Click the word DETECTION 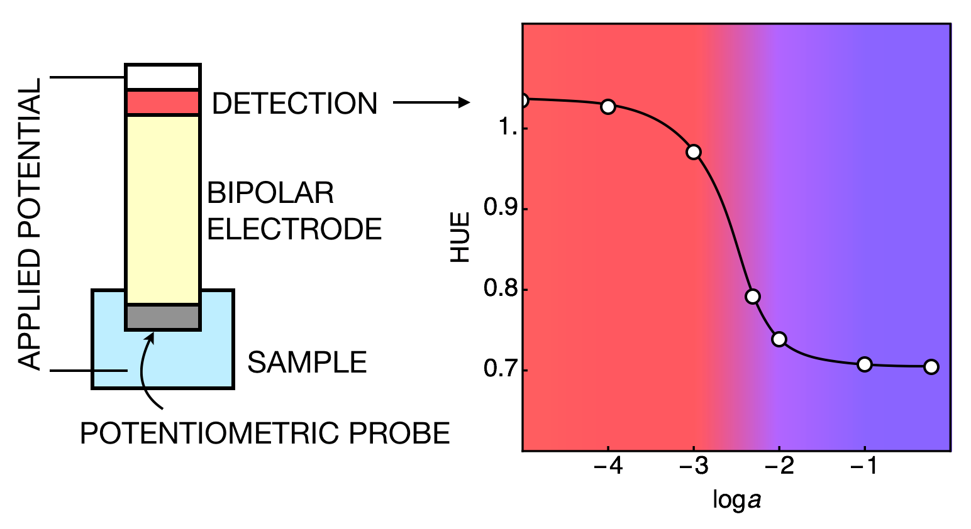pyautogui.click(x=294, y=104)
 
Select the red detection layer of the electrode pyautogui.click(x=163, y=102)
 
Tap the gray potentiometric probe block pyautogui.click(x=163, y=317)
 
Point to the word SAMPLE pyautogui.click(x=307, y=363)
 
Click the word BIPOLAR pyautogui.click(x=270, y=193)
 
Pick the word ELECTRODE pyautogui.click(x=294, y=229)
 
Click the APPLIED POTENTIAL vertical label pyautogui.click(x=30, y=224)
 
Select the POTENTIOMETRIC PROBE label pyautogui.click(x=265, y=434)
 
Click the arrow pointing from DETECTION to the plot pyautogui.click(x=431, y=102)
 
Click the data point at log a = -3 pyautogui.click(x=694, y=152)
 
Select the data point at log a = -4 pyautogui.click(x=608, y=106)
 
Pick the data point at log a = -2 pyautogui.click(x=779, y=339)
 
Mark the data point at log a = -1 pyautogui.click(x=865, y=364)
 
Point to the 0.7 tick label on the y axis pyautogui.click(x=496, y=369)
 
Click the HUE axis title pyautogui.click(x=461, y=237)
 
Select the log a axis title pyautogui.click(x=736, y=500)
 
